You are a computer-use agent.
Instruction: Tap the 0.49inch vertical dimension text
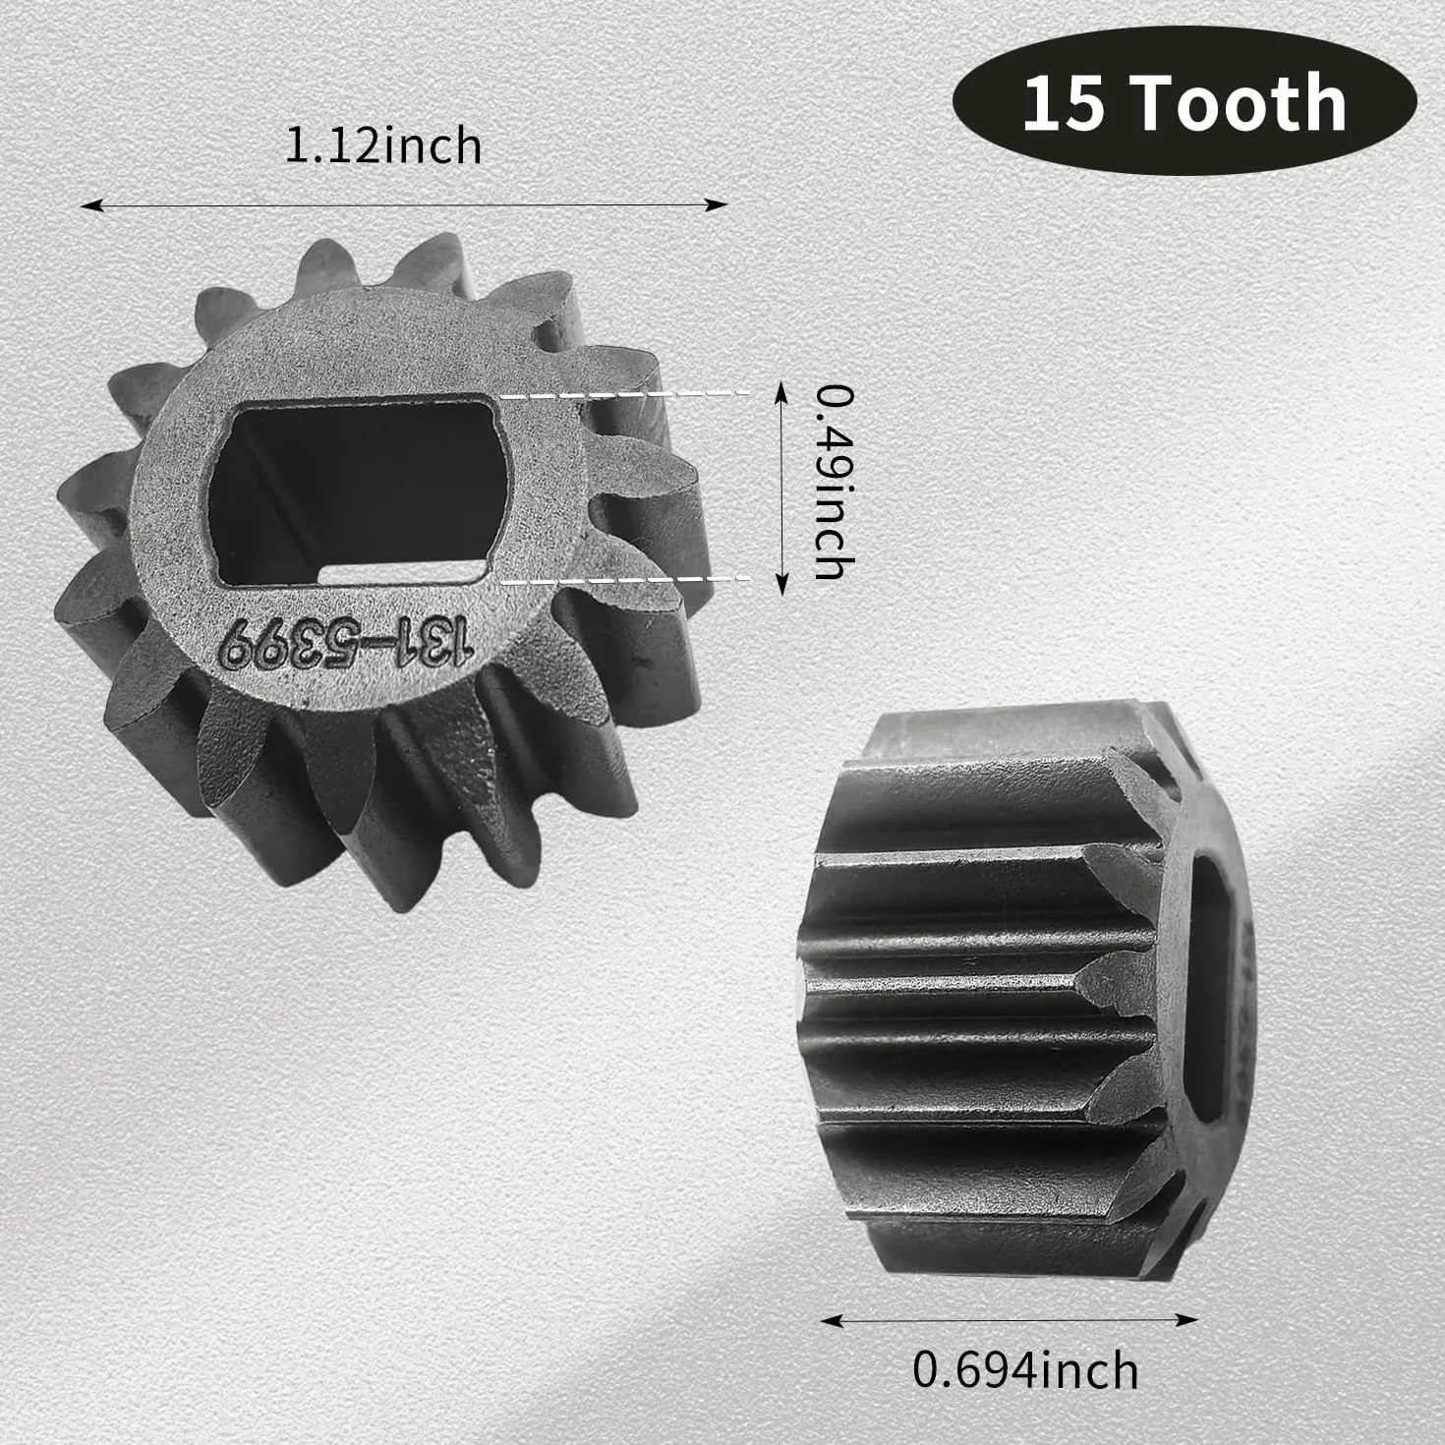click(834, 483)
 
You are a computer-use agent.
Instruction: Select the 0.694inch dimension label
click(1025, 1370)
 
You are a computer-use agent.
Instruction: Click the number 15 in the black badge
click(1064, 103)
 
